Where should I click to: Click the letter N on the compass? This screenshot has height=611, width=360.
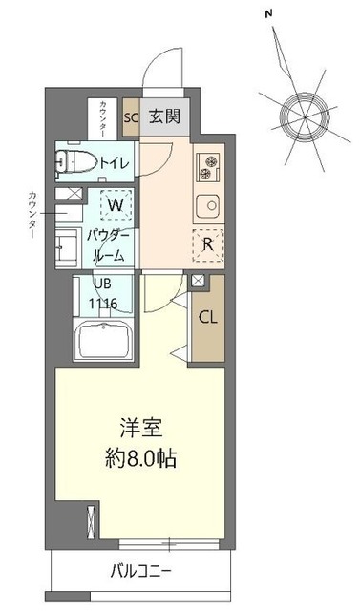270,13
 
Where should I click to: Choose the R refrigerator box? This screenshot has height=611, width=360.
206,242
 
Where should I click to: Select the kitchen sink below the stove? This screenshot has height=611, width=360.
206,203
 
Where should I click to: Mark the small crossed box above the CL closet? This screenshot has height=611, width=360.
198,281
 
